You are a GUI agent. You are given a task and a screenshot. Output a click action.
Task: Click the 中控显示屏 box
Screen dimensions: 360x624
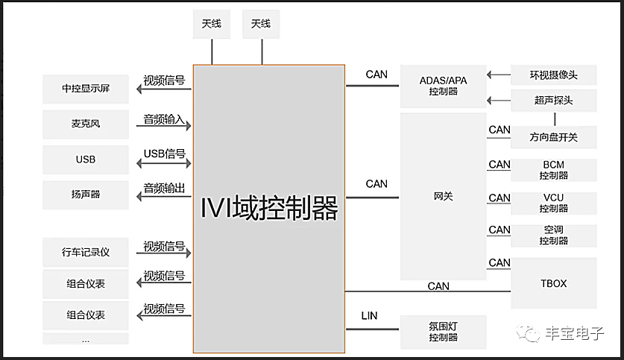click(86, 89)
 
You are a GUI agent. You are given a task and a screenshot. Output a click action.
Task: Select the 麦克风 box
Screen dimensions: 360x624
click(86, 124)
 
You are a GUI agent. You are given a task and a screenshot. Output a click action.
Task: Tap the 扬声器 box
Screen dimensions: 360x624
click(86, 195)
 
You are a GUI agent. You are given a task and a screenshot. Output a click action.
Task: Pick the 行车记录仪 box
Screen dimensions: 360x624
click(86, 252)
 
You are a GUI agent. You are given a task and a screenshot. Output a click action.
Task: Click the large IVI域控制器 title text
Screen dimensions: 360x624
click(269, 208)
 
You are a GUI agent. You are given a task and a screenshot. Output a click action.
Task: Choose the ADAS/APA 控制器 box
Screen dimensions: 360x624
click(443, 86)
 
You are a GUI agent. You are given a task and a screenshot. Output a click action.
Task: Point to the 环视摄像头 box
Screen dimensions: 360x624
click(553, 75)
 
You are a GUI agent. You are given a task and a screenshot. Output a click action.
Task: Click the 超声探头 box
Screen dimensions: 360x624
click(553, 101)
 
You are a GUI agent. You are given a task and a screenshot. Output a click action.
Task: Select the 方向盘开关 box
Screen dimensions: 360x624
click(553, 137)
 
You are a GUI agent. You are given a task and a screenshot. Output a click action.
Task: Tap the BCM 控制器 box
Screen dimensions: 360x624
click(553, 170)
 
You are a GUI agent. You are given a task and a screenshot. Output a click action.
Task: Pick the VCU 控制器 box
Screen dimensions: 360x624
click(553, 203)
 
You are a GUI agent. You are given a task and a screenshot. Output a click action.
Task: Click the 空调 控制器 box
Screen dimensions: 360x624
click(553, 236)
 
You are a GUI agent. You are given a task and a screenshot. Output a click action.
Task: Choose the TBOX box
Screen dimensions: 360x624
click(553, 283)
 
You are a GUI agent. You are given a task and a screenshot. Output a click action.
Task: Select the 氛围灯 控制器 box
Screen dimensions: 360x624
click(443, 332)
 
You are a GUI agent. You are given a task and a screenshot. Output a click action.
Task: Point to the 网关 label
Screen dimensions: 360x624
click(443, 197)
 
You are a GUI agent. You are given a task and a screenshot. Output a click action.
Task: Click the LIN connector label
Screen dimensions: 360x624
click(369, 316)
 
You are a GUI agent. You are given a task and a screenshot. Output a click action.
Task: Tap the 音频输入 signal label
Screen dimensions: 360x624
click(164, 119)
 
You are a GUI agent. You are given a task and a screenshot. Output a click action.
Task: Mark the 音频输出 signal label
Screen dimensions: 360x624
click(164, 188)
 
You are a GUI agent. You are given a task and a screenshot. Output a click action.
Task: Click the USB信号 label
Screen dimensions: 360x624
click(164, 154)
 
